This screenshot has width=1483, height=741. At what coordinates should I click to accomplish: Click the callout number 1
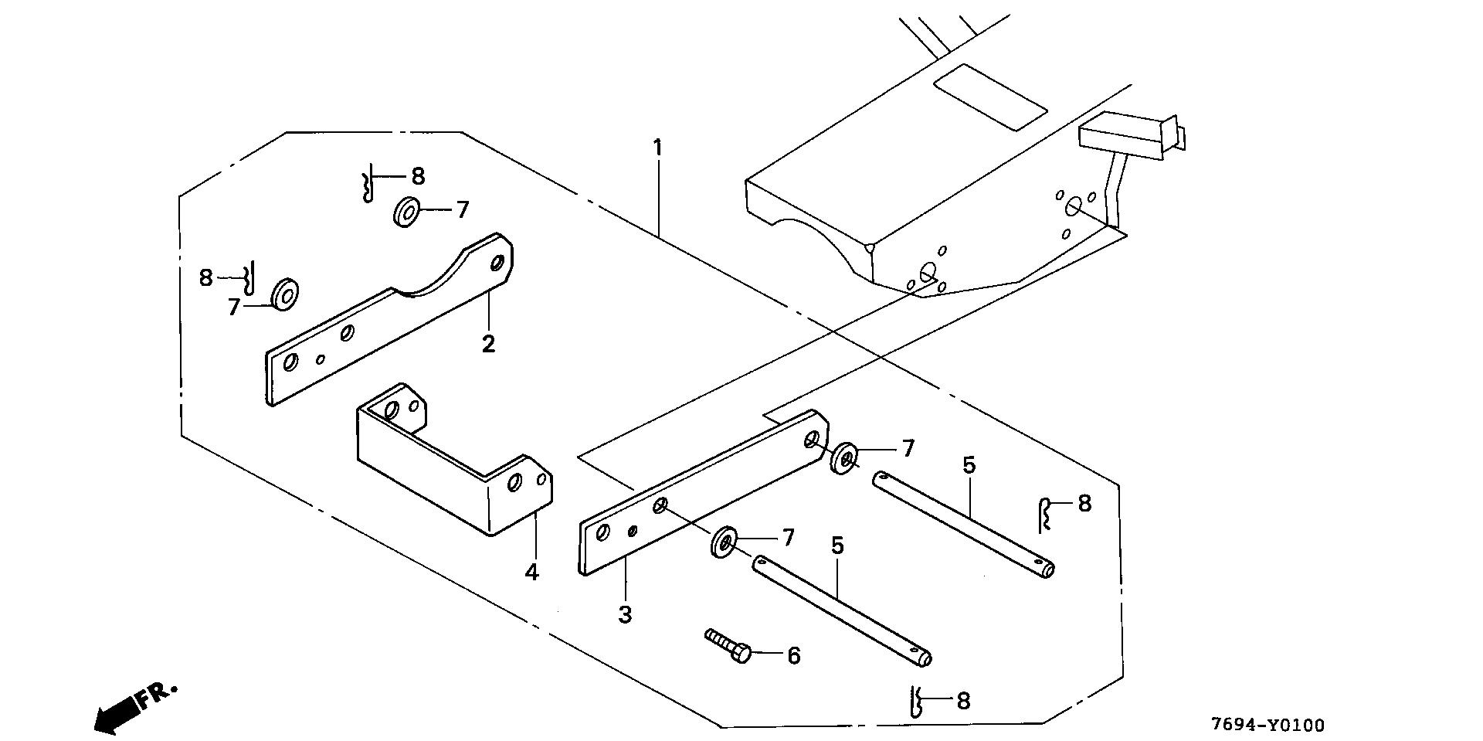tap(657, 147)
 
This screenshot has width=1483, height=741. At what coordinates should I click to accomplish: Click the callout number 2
tap(488, 343)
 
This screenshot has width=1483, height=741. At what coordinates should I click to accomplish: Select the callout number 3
tap(625, 615)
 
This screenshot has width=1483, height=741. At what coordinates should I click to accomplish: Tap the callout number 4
tap(531, 573)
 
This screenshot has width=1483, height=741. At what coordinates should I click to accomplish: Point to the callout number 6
tap(793, 656)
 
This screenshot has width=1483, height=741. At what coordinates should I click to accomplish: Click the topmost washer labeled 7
tap(406, 211)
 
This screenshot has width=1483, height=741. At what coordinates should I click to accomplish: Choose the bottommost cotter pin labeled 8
tap(917, 702)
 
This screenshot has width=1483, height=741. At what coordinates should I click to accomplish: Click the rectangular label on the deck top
tap(990, 96)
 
